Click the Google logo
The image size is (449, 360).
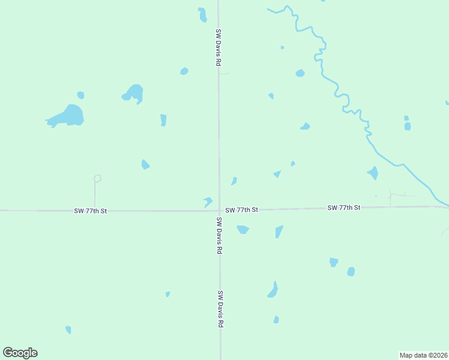(20, 353)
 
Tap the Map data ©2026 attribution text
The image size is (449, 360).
(423, 355)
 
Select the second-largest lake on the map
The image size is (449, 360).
(134, 93)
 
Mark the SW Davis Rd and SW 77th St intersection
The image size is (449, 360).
(219, 211)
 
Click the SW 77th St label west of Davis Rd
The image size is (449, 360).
(91, 211)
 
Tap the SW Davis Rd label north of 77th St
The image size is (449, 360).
(219, 47)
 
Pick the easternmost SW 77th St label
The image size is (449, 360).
(344, 208)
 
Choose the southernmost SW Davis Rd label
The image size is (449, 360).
(220, 309)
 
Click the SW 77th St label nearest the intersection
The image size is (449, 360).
(242, 210)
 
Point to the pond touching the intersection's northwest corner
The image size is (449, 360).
(208, 202)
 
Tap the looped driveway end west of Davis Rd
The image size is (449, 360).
(97, 178)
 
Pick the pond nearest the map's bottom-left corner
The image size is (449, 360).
(68, 329)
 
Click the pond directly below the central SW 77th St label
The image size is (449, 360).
(243, 229)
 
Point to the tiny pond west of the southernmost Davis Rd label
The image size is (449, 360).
(167, 294)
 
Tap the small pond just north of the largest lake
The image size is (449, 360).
(80, 95)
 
